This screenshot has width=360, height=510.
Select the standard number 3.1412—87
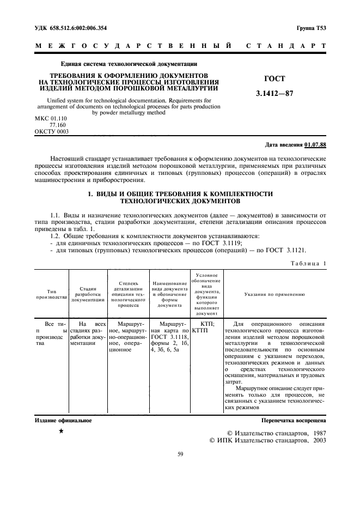click(x=274, y=93)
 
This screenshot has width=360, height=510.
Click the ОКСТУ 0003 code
click(x=52, y=131)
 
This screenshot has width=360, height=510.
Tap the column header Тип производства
click(x=52, y=294)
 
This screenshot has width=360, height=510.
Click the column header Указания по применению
click(x=274, y=294)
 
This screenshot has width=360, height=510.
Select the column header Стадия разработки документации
click(x=88, y=294)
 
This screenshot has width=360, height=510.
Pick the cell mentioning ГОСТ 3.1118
click(x=169, y=337)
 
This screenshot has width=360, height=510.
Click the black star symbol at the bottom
click(x=60, y=431)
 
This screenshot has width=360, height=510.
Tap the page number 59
click(x=180, y=453)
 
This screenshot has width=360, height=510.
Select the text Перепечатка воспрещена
click(x=294, y=421)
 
